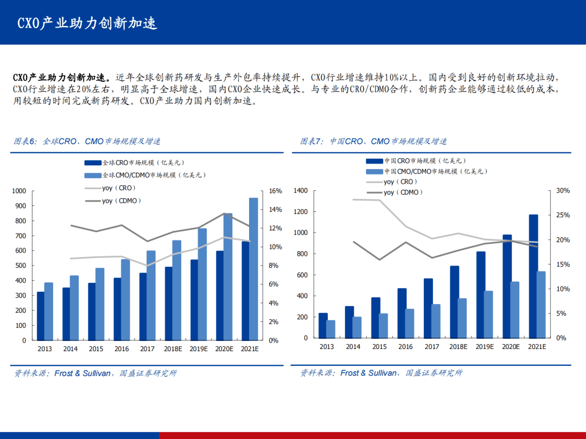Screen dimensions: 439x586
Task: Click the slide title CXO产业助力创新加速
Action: (x=87, y=23)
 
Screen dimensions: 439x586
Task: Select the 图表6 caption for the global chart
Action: (x=87, y=141)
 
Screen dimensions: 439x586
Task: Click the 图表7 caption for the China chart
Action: (x=374, y=141)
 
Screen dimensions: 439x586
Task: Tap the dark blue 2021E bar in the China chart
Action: (x=533, y=276)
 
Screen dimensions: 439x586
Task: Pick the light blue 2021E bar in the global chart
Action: (x=253, y=269)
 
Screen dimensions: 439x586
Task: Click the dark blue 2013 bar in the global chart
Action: (x=41, y=316)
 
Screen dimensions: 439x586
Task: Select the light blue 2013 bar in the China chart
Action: (x=331, y=329)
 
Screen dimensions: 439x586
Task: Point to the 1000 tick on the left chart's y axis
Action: (x=19, y=191)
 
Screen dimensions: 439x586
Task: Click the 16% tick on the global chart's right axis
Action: (x=276, y=191)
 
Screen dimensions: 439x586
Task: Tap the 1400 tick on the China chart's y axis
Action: (x=301, y=191)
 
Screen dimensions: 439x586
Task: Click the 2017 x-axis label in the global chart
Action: (x=147, y=349)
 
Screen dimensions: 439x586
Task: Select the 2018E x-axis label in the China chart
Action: (x=458, y=347)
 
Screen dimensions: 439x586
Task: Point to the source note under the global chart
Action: (x=95, y=373)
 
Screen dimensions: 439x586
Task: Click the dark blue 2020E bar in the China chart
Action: (x=507, y=286)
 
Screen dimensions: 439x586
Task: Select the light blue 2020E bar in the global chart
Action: (x=228, y=276)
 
